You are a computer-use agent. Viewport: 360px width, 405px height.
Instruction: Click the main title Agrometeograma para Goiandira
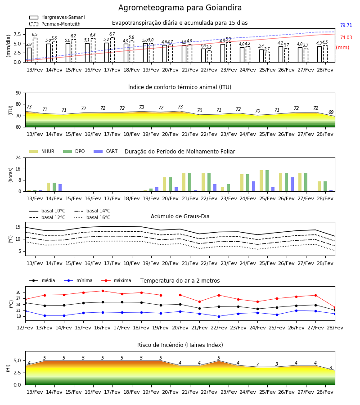(x=180, y=8)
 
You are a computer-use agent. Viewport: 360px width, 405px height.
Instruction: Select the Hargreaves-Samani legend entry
(x=57, y=17)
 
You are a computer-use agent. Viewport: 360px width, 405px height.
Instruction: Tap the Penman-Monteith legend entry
(x=55, y=24)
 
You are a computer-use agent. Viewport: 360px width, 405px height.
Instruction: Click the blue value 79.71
(x=346, y=25)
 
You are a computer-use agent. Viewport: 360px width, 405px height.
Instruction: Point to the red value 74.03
(x=346, y=37)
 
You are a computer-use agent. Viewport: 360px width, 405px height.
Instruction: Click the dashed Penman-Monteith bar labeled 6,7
(x=112, y=50)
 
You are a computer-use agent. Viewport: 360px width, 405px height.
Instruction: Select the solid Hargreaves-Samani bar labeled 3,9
(x=29, y=55)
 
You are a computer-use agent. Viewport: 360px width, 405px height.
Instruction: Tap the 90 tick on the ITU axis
(x=18, y=93)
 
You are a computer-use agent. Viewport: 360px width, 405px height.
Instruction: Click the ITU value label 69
(x=331, y=112)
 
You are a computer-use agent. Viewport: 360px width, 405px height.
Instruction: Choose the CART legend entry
(x=106, y=151)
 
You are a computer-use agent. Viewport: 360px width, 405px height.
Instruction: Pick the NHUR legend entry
(x=42, y=151)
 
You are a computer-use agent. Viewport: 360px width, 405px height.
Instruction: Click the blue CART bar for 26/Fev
(x=292, y=184)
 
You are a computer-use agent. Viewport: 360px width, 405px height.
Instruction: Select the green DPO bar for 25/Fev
(x=267, y=181)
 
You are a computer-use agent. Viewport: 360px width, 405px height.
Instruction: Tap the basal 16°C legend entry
(x=92, y=217)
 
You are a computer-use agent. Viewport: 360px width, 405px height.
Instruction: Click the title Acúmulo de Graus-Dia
(x=180, y=216)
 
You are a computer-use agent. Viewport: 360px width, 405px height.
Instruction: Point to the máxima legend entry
(x=117, y=280)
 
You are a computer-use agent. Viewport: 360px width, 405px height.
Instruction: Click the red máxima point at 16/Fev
(x=103, y=291)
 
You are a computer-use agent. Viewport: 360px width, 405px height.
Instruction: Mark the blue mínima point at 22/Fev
(x=219, y=316)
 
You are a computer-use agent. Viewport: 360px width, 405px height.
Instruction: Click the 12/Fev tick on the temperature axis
(x=25, y=328)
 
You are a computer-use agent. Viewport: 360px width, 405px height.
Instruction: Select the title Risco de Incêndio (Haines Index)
(x=180, y=345)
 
